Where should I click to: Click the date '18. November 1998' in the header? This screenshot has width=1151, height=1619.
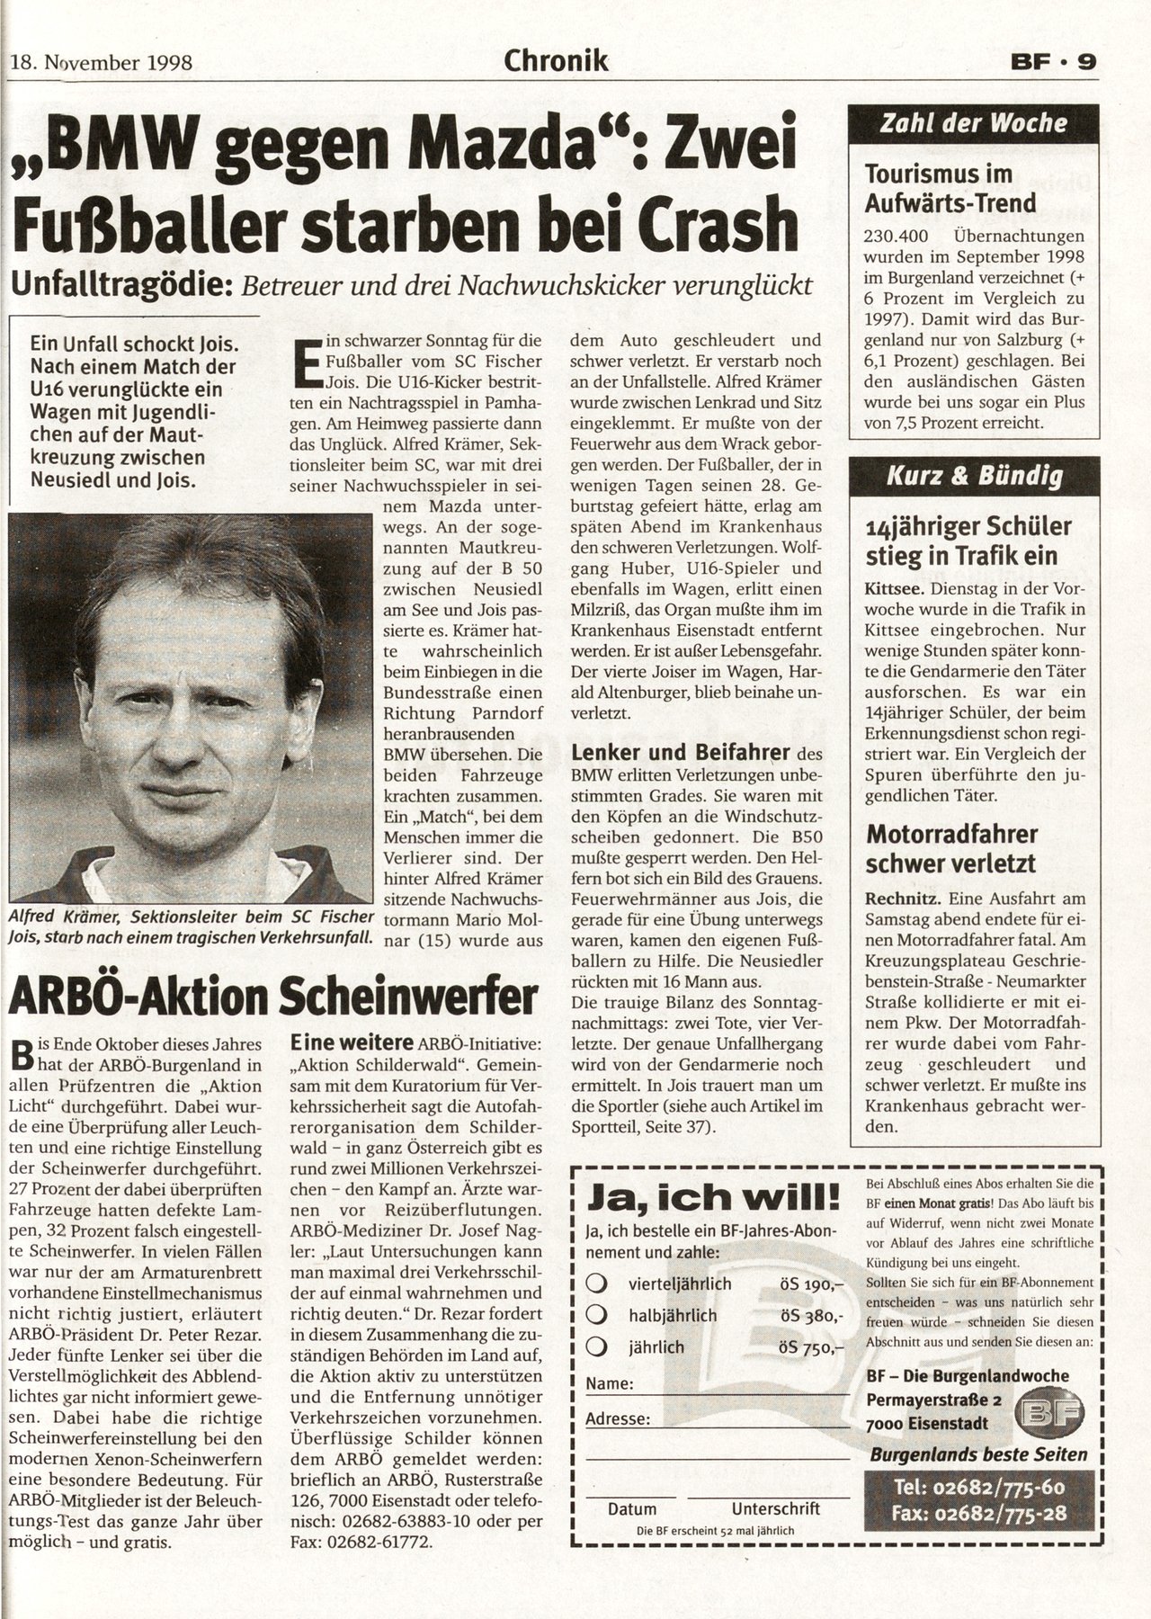coord(101,64)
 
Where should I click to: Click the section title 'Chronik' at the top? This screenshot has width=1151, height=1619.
coord(557,61)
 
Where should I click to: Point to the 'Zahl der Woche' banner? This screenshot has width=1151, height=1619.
coord(973,123)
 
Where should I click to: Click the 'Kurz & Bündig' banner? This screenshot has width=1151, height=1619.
coord(973,476)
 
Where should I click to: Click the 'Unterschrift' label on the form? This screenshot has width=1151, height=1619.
coord(775,1509)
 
